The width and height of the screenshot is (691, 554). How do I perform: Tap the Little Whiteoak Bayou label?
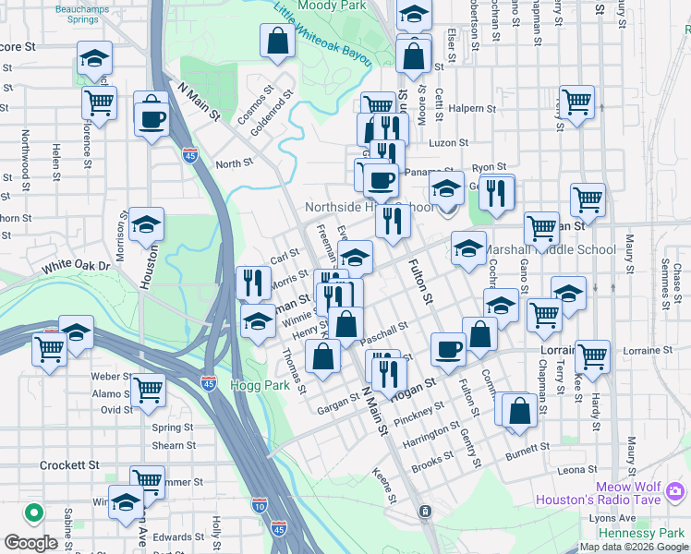(x=322, y=34)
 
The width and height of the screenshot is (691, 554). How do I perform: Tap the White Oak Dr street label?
(x=76, y=267)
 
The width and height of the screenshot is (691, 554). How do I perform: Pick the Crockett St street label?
(x=69, y=465)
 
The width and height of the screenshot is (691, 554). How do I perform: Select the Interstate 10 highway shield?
(x=259, y=505)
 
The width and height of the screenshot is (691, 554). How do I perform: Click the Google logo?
(x=30, y=543)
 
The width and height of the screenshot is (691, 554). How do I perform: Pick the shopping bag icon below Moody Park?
(x=278, y=41)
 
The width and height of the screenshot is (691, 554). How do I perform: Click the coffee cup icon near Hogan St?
(x=449, y=348)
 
